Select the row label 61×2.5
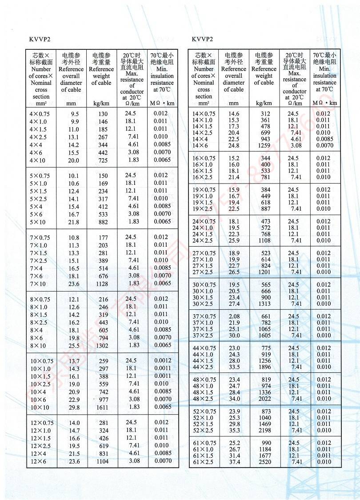pos(204,462)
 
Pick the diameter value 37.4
pos(234,462)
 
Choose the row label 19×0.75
pos(204,190)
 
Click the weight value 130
pos(103,114)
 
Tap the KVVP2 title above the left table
pos(40,39)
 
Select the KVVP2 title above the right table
pos(203,39)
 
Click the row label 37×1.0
pos(204,323)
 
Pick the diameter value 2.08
pos(234,316)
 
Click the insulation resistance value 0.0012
pos(162,360)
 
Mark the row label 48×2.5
pos(204,399)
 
